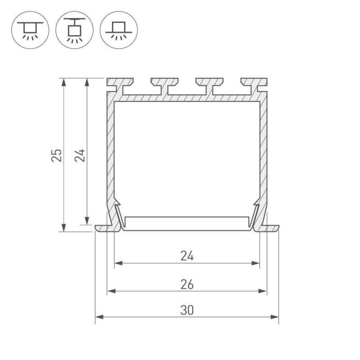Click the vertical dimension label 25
pos(56,156)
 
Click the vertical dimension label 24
pos(80,156)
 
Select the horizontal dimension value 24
pos(187,256)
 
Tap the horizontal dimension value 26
pos(187,285)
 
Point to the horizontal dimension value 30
pos(187,310)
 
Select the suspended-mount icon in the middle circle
pos(75,30)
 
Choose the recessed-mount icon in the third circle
pos(119,30)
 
